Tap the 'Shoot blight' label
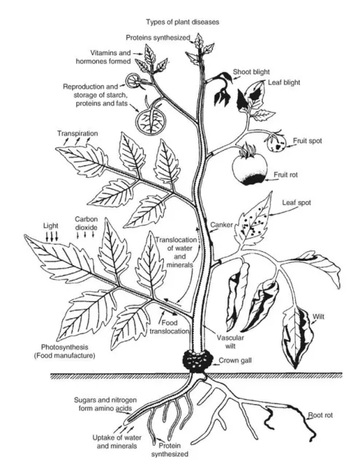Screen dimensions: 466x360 coord(251,73)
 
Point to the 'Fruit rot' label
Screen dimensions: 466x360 coord(289,175)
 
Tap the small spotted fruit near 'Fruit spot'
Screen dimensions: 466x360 coord(275,141)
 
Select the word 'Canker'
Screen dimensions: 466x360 coord(221,225)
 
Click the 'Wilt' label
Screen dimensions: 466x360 coord(318,316)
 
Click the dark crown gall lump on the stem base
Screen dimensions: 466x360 coord(197,360)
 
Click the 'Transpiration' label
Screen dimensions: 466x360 coord(78,134)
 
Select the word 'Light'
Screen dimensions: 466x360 coord(50,226)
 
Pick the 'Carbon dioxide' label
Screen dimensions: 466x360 coord(86,224)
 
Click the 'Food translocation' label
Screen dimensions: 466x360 coord(173,327)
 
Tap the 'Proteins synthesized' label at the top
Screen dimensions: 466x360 coord(158,37)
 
